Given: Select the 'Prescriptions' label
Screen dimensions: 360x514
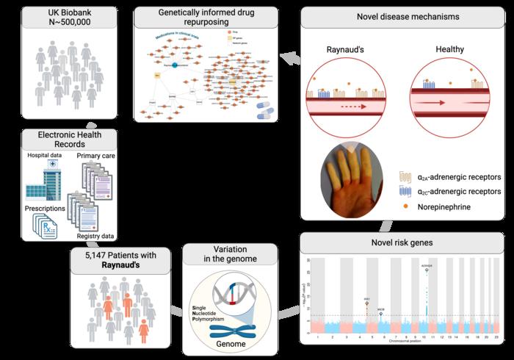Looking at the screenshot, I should click(46, 208).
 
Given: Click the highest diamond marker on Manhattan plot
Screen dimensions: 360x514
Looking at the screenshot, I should click(428, 270).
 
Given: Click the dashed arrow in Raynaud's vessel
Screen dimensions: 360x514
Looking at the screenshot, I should click(346, 105).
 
